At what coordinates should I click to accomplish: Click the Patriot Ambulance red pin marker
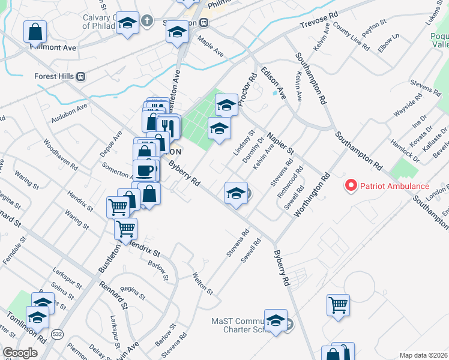click(x=351, y=185)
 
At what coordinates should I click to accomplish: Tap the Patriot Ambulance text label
click(x=394, y=186)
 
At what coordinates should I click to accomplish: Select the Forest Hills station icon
click(x=80, y=76)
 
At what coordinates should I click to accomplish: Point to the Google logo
click(x=20, y=353)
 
